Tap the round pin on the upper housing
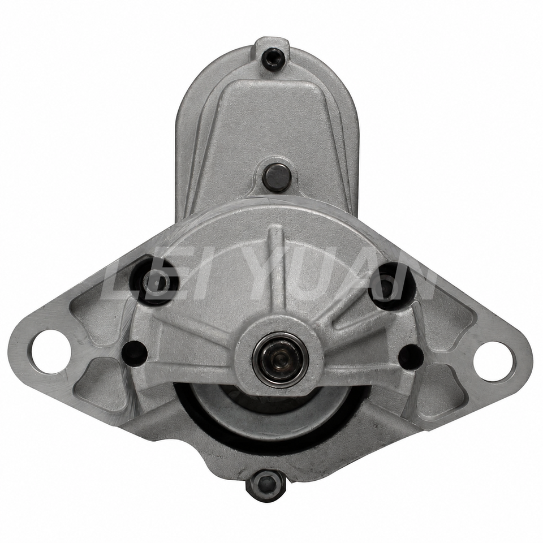tap(277, 177)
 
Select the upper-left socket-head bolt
tap(155, 281)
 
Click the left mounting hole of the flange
tap(51, 351)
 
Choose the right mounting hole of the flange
tap(493, 361)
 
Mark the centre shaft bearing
tap(280, 360)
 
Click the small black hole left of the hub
tap(135, 352)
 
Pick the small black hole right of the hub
tap(411, 356)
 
